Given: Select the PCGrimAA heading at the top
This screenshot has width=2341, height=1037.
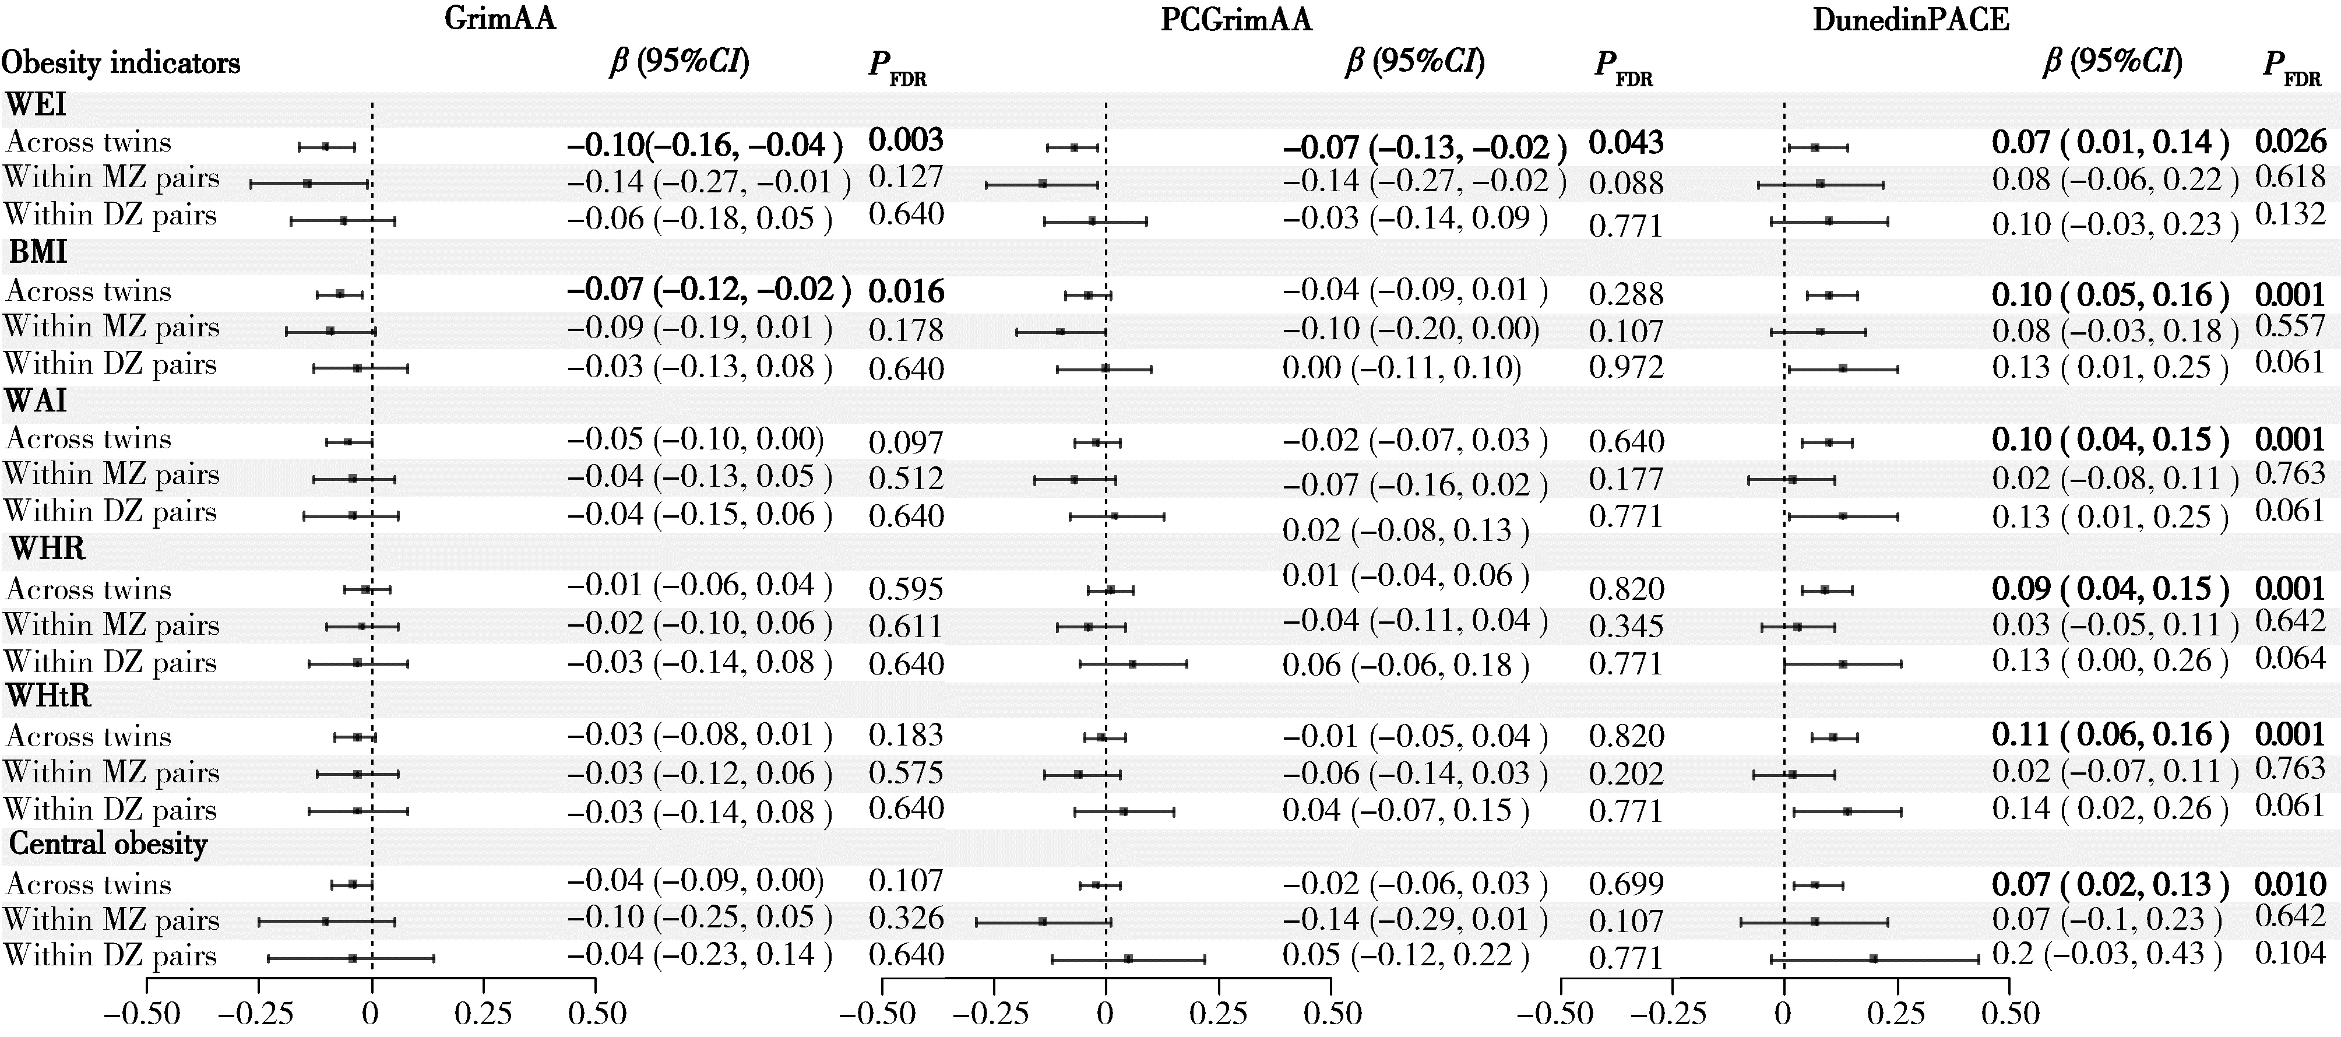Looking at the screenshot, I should tap(1236, 19).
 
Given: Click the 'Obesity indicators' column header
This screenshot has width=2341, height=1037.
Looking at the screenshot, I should tap(121, 63).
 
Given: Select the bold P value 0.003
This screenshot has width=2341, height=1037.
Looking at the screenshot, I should tap(906, 141).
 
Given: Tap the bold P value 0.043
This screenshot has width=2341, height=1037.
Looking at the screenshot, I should tap(1627, 143).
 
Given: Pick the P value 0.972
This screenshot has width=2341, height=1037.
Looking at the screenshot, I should tap(1627, 367).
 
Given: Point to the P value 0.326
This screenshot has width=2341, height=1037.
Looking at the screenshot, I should tap(906, 918).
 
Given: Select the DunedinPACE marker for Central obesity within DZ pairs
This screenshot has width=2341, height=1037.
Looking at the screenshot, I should tap(1873, 959).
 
